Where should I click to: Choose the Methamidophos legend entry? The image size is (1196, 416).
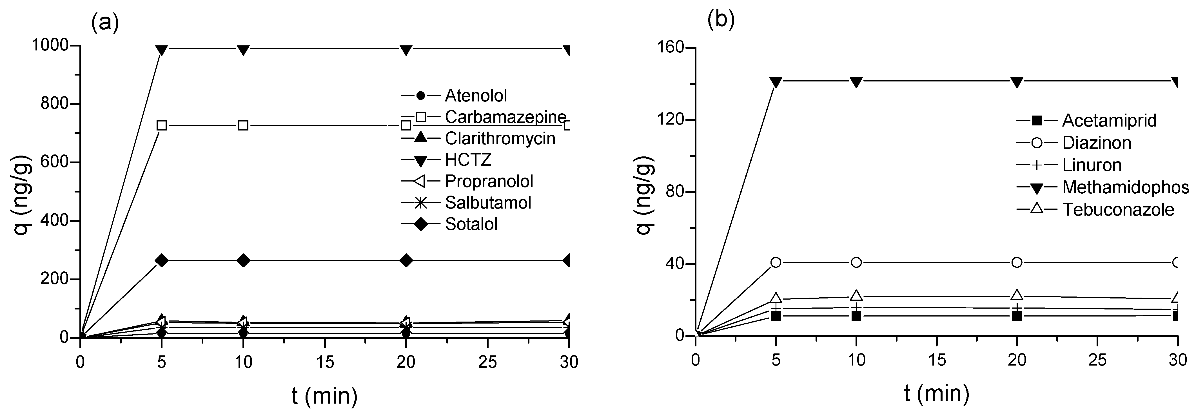click(1125, 187)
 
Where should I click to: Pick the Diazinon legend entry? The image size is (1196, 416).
click(1096, 143)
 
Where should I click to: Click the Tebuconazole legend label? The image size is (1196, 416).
click(1118, 210)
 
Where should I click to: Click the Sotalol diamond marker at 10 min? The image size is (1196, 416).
click(243, 261)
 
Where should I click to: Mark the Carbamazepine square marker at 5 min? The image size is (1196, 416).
click(162, 125)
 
